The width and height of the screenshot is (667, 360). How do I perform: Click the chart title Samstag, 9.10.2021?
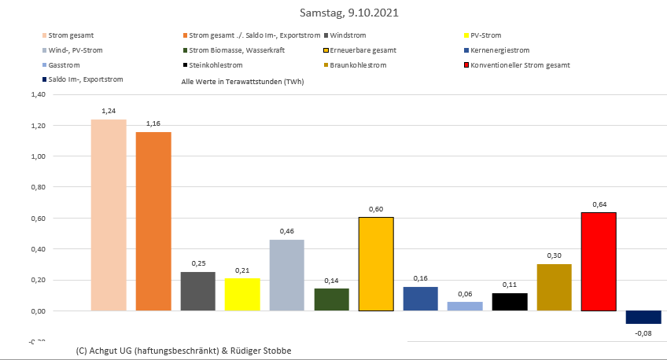(333, 13)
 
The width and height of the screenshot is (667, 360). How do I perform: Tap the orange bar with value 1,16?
(153, 221)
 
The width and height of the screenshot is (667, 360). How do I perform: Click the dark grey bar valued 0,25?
(197, 291)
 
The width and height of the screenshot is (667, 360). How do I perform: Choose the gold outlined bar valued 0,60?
(376, 263)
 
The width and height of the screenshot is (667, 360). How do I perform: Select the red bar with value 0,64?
(599, 261)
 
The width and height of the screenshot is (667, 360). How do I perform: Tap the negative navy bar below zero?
(643, 318)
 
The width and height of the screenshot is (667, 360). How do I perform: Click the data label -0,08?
(643, 333)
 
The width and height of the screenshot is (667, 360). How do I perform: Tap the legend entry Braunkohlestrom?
(359, 65)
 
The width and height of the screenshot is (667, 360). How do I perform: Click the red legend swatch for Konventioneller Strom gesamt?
(467, 65)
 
